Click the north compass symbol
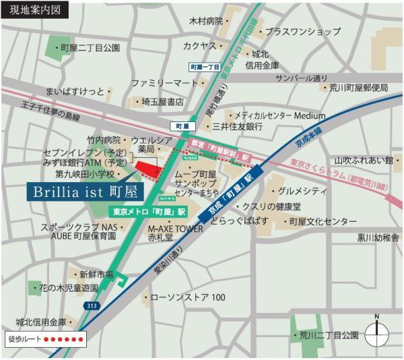(377, 332)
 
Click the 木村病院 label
(205, 22)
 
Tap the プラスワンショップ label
(302, 32)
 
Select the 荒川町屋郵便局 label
(358, 88)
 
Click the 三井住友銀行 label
(236, 127)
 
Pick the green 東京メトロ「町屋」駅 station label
(149, 211)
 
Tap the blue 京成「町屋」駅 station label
(230, 198)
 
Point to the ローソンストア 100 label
(187, 297)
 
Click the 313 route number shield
(92, 306)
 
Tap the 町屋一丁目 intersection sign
(205, 67)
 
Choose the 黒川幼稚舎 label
(378, 237)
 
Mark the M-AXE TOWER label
(175, 229)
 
